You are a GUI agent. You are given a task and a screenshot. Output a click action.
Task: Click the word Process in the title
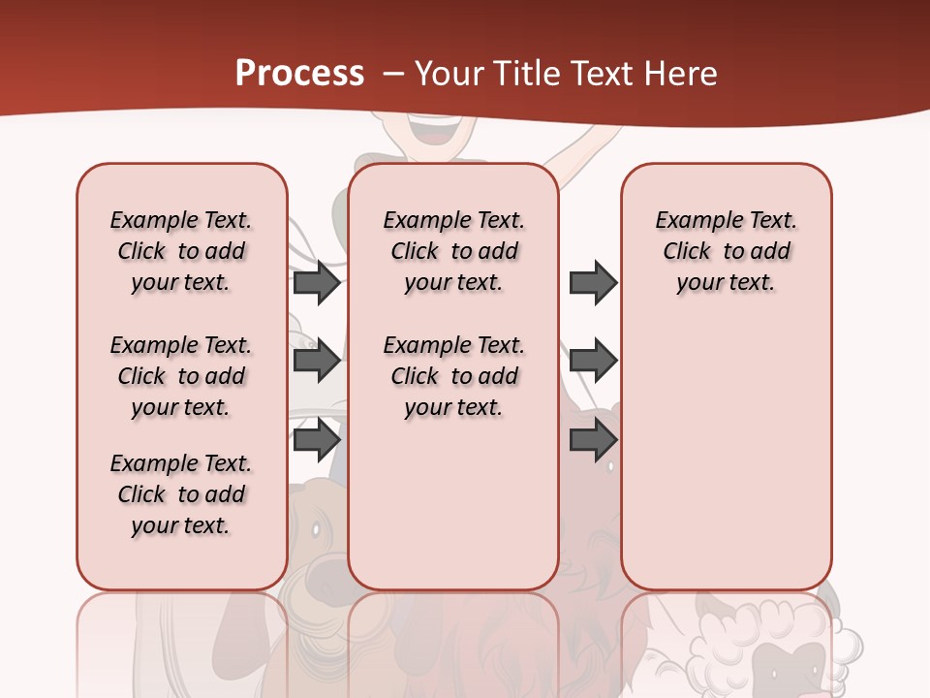(299, 74)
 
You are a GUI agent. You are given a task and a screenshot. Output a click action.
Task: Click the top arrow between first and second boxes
(317, 282)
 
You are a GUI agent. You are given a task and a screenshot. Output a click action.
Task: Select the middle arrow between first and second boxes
(317, 361)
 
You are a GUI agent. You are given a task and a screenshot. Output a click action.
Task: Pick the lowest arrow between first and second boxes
(317, 440)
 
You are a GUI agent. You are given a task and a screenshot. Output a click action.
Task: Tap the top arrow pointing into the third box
(593, 282)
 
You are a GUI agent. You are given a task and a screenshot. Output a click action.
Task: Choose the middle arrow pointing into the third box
(593, 361)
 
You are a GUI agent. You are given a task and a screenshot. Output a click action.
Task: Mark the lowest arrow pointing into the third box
(593, 440)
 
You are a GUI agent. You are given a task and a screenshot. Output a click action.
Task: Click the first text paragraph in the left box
(181, 251)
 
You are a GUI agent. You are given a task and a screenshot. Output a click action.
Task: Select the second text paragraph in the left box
(181, 376)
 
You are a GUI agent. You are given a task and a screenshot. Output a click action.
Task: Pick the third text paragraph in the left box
(181, 494)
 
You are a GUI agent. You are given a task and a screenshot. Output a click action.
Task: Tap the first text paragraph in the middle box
(453, 251)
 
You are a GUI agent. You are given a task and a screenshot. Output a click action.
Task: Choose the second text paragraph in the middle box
(453, 376)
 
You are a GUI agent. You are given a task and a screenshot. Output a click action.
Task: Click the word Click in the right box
(687, 252)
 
